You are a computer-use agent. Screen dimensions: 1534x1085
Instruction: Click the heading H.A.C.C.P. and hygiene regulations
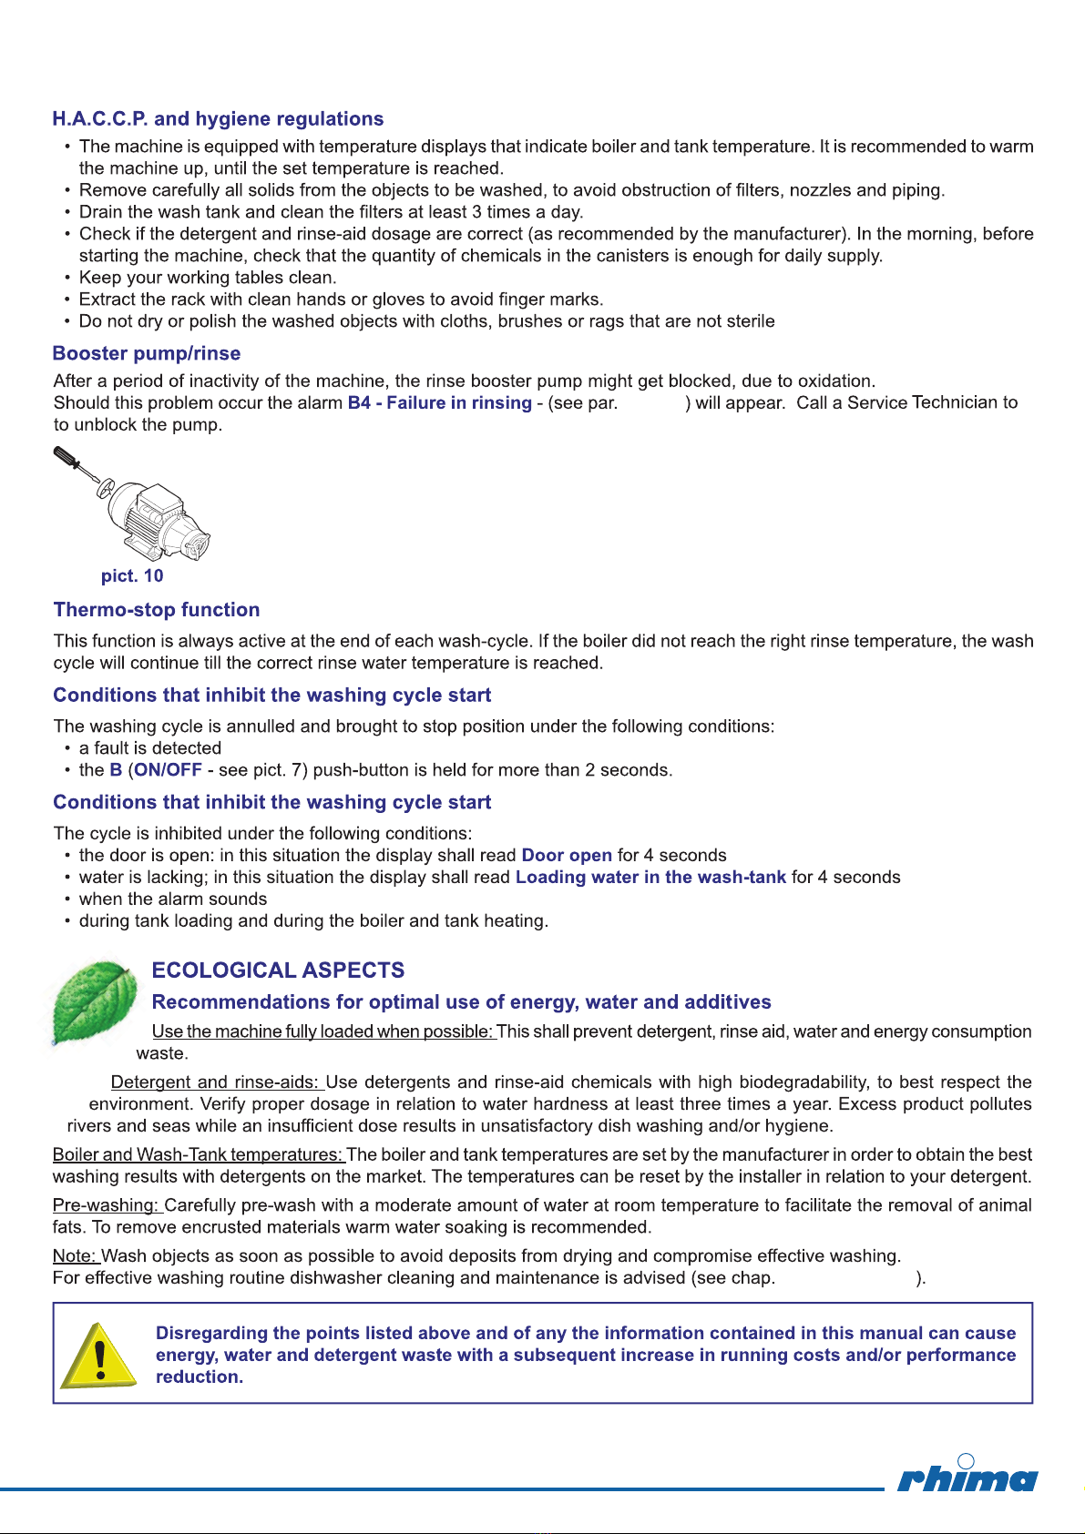coord(218,119)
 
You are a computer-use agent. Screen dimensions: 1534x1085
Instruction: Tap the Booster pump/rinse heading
coord(147,354)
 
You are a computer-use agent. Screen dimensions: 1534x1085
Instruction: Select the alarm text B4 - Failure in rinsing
coord(439,403)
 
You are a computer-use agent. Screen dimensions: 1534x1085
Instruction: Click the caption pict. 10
coord(132,576)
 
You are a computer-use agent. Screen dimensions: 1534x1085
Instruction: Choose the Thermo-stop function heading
coord(157,610)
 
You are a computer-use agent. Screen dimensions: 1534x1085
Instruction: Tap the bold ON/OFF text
coord(169,770)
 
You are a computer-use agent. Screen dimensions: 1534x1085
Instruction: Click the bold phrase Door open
coord(567,856)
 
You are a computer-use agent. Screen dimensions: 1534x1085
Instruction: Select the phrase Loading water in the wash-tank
coord(650,878)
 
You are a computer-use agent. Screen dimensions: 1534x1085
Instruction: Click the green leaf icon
coord(95,1001)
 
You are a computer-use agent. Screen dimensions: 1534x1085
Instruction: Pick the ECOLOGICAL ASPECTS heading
coord(278,970)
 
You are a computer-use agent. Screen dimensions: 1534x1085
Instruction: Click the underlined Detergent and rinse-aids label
coord(217,1082)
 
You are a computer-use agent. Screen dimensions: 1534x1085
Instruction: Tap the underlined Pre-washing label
coord(107,1205)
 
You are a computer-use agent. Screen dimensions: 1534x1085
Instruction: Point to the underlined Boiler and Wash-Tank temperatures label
coord(199,1155)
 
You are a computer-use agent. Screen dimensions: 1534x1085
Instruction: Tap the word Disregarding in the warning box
coord(212,1334)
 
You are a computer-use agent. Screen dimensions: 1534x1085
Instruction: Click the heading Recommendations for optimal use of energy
coord(461,1002)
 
